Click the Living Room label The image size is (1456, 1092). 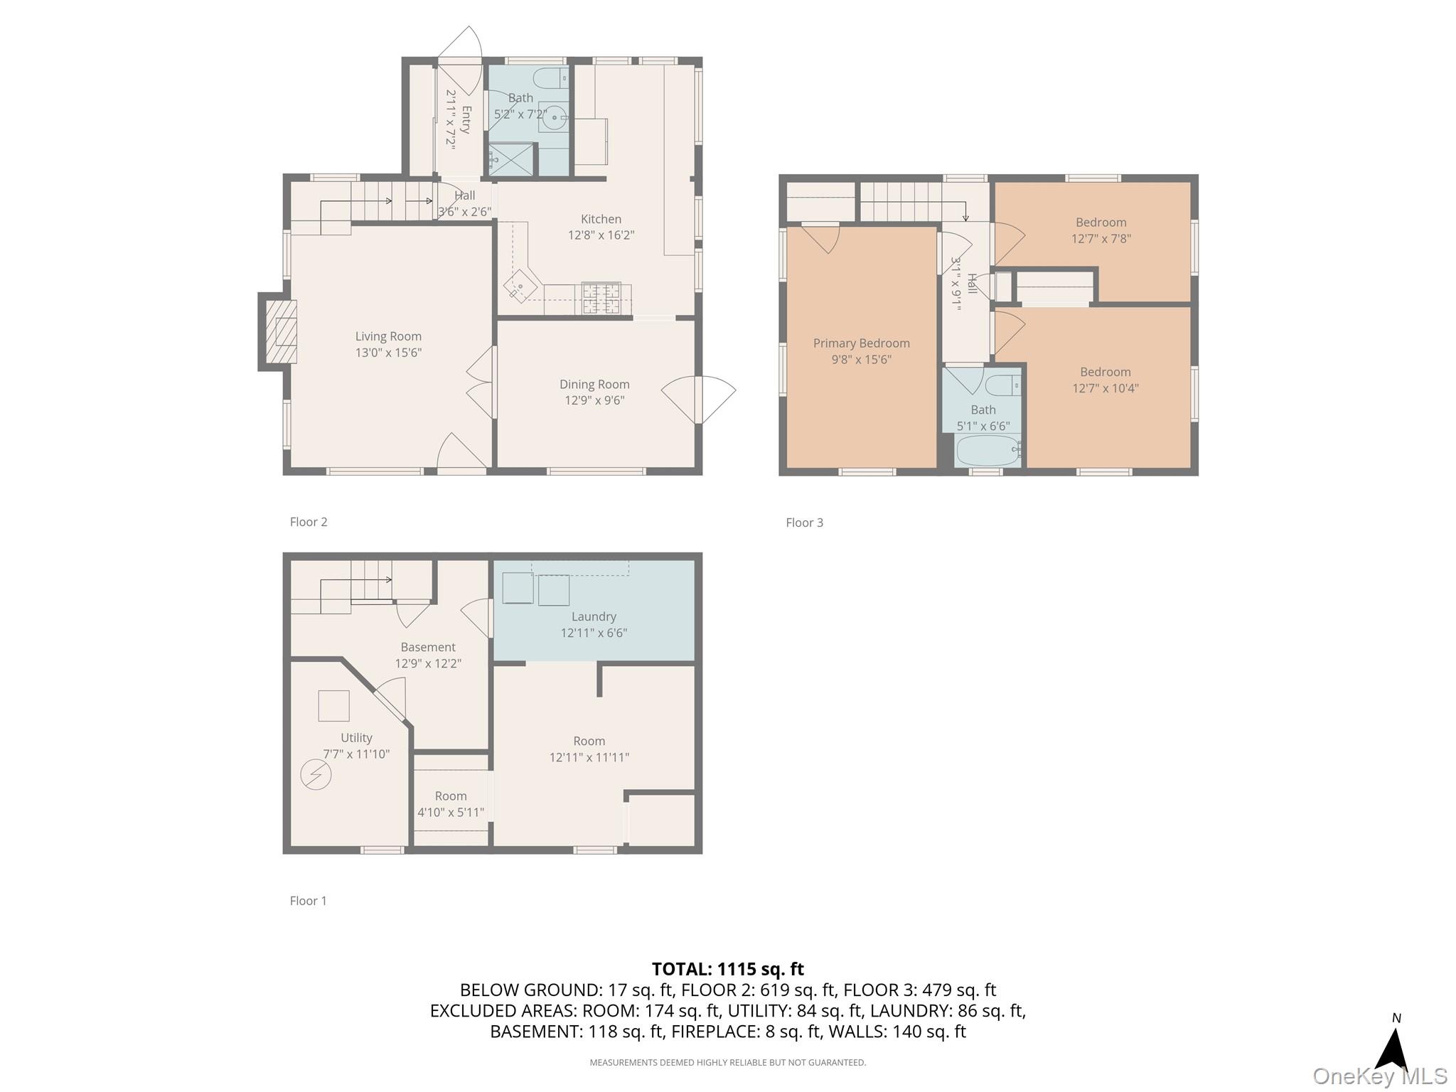click(x=388, y=336)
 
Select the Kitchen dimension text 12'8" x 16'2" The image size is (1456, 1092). click(x=601, y=235)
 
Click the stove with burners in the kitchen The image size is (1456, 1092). click(x=601, y=298)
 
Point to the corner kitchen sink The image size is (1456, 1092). click(x=520, y=287)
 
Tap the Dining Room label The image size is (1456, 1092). click(x=594, y=385)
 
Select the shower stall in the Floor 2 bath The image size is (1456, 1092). click(x=510, y=160)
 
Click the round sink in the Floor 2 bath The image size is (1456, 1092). click(x=553, y=119)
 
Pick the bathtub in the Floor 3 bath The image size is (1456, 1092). click(x=987, y=451)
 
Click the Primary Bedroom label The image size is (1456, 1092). click(x=861, y=343)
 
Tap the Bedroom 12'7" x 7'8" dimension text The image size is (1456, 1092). click(x=1101, y=239)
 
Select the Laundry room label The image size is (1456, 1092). click(x=594, y=616)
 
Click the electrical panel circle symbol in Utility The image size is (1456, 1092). click(x=316, y=774)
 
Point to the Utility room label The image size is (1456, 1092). click(x=356, y=738)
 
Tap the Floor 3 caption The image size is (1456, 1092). click(x=804, y=523)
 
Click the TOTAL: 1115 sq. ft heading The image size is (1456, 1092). click(x=727, y=969)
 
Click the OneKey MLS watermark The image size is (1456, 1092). click(x=1379, y=1076)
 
